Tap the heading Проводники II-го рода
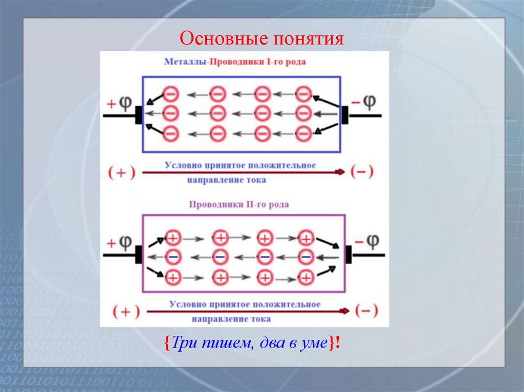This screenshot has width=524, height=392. (x=239, y=204)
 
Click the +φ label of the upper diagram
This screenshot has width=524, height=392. (x=119, y=103)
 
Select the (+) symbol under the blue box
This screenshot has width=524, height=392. (x=122, y=173)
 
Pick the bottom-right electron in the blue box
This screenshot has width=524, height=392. (x=303, y=133)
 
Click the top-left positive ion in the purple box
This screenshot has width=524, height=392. (x=173, y=238)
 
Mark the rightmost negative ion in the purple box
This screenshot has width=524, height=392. (x=306, y=256)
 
